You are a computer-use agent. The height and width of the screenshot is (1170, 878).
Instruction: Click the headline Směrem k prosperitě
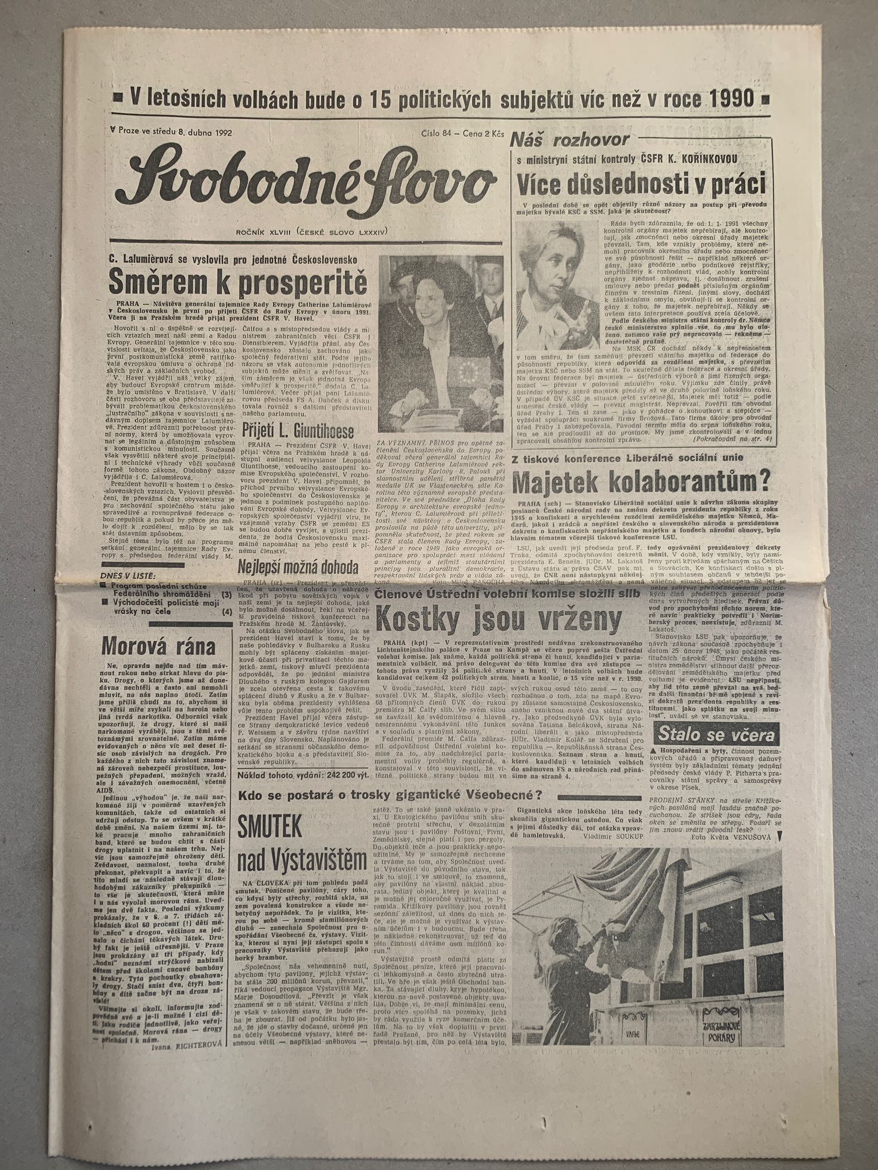tap(232, 281)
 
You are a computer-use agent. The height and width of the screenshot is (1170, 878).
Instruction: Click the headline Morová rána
tap(158, 646)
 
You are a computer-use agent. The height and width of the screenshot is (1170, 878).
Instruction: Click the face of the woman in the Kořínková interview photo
tap(558, 262)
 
